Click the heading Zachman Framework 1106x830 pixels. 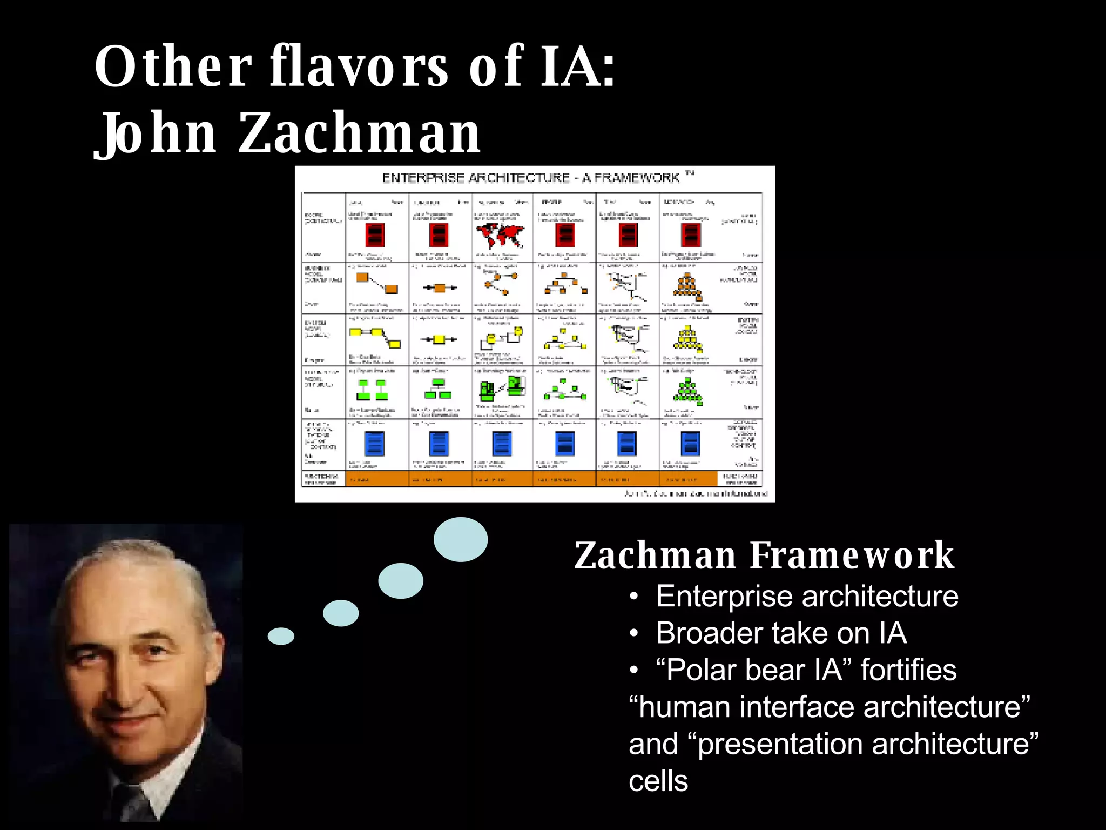pos(764,555)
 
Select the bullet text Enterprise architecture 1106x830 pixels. pos(807,596)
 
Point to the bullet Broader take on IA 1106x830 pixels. pos(781,633)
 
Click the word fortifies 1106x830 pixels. pos(908,670)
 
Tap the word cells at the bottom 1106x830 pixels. pos(658,781)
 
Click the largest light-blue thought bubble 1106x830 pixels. pos(461,539)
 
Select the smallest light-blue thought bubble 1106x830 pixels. pos(281,636)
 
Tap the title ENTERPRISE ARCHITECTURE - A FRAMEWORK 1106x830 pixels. pos(531,178)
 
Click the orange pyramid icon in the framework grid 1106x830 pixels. pos(687,287)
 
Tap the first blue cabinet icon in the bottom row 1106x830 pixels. pos(374,444)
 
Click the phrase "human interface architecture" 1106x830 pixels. pos(829,707)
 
